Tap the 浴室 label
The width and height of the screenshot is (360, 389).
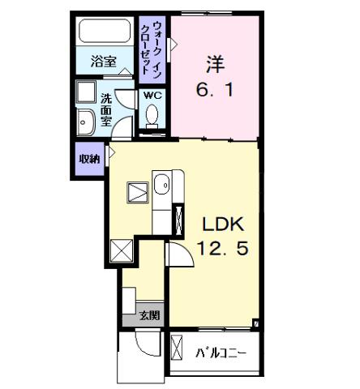(103, 62)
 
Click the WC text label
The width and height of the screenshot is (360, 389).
(152, 96)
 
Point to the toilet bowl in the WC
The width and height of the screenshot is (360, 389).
(152, 118)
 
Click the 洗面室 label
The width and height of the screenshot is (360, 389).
(106, 110)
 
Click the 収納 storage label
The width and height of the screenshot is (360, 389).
(89, 158)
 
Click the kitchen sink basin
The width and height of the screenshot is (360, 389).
(161, 186)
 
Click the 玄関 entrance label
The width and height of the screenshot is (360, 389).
(148, 314)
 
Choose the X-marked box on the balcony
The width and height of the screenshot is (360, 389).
(178, 349)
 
